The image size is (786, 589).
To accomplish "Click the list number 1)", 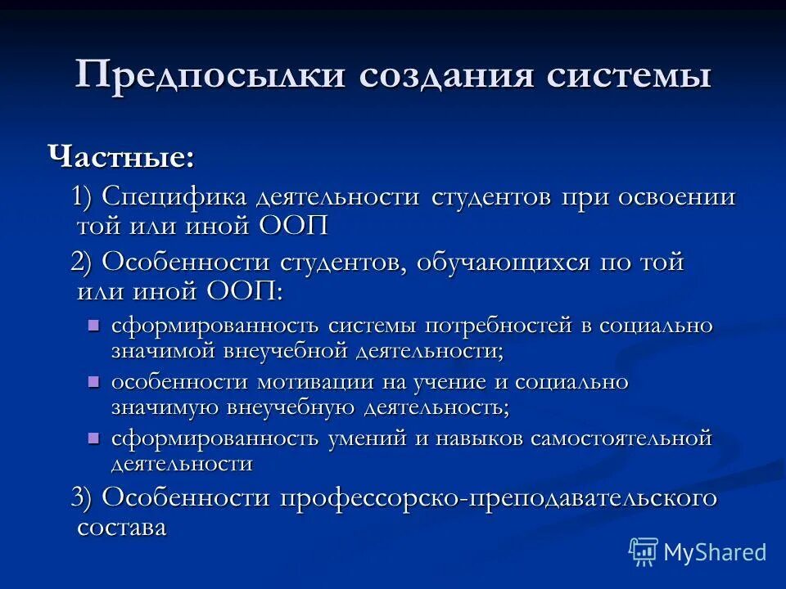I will pos(86,199).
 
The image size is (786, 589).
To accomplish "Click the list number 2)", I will pos(85,263).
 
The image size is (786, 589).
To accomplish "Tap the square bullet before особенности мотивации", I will pos(93,381).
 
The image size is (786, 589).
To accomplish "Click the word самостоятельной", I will pos(621,438).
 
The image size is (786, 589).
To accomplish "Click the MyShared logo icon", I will pos(644,552).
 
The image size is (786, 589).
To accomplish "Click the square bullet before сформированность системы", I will pos(93,325).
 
